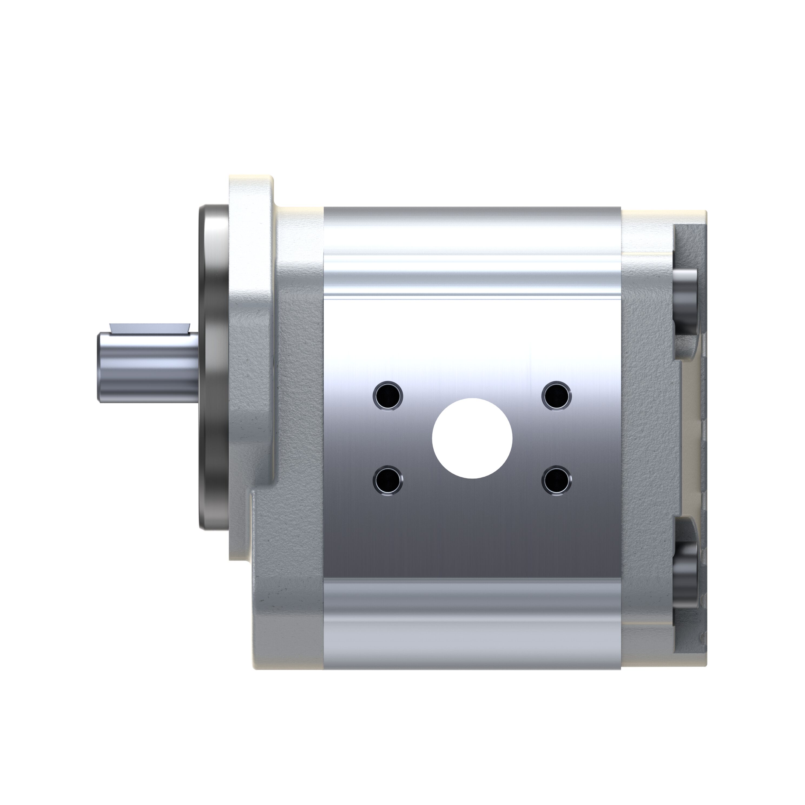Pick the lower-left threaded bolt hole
(388, 481)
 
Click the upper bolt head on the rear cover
(685, 302)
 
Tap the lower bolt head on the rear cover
(685, 573)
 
